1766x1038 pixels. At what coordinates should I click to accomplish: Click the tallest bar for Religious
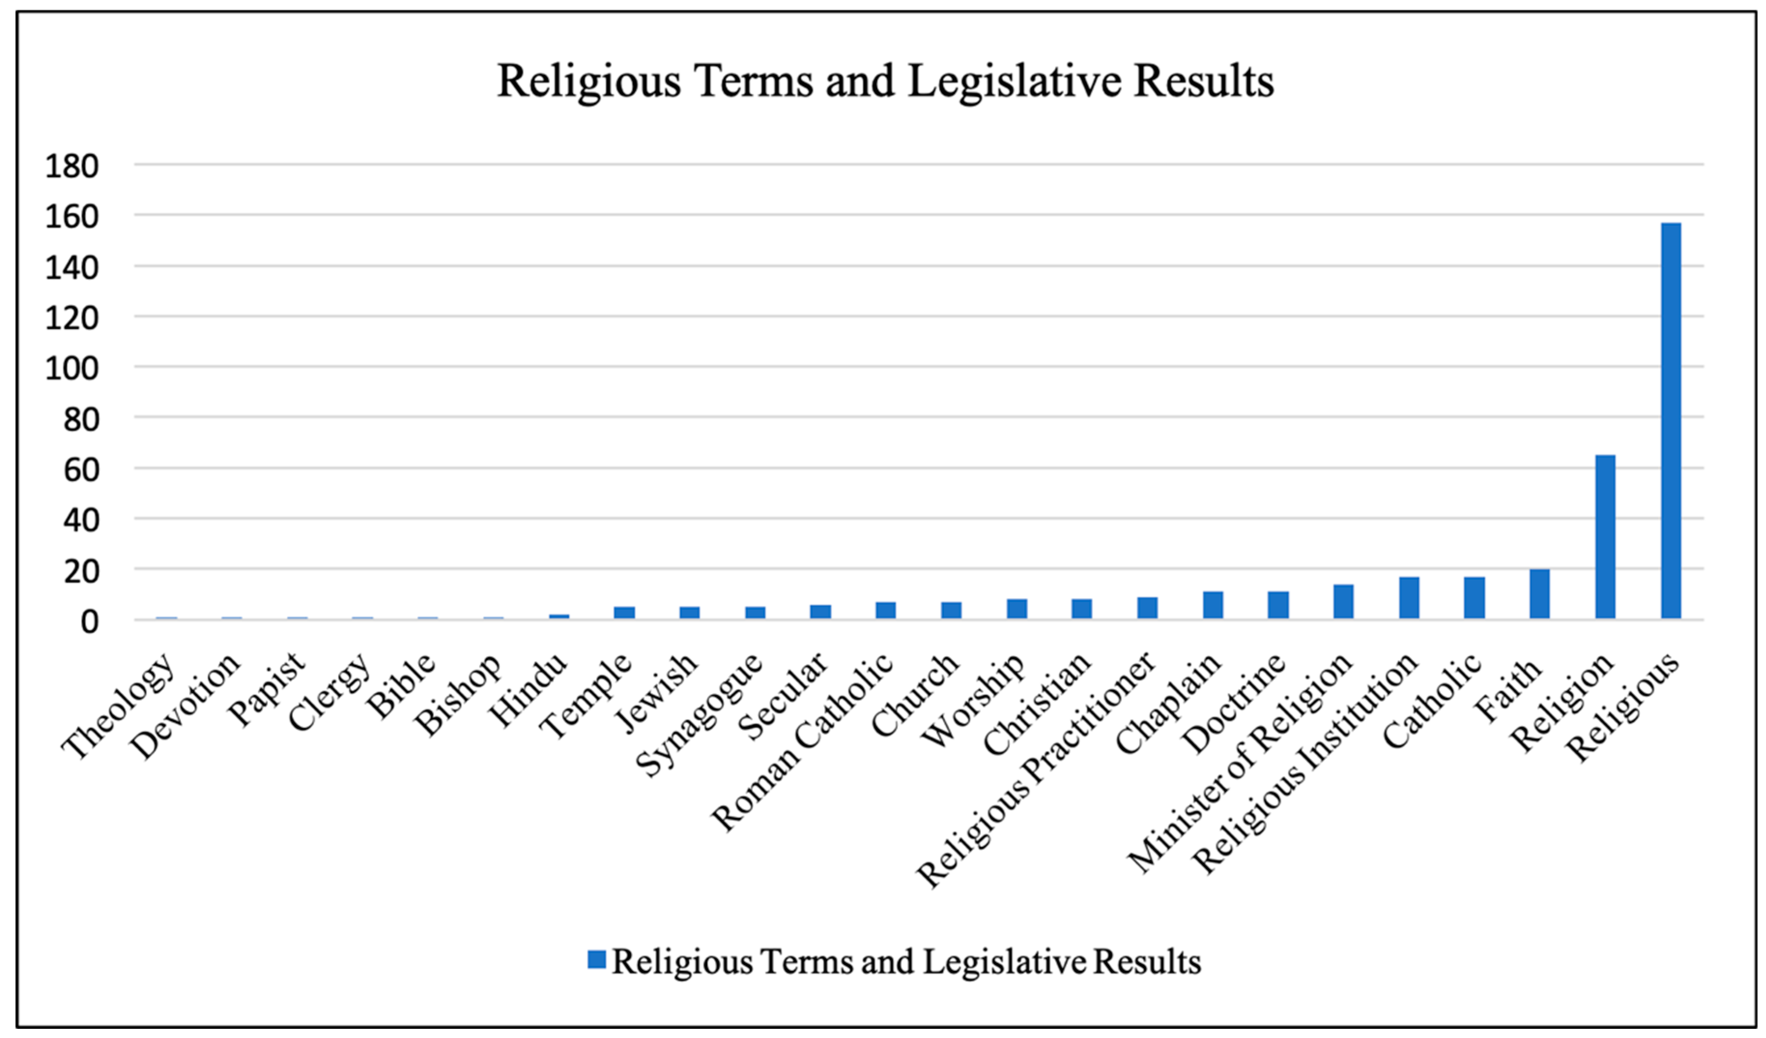point(1671,420)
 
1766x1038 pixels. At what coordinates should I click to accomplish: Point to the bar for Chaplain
point(1213,605)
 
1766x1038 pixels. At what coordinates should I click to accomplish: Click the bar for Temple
point(625,613)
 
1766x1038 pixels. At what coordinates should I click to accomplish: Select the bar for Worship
point(1017,609)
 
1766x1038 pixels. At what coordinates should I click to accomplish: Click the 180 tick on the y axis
point(71,167)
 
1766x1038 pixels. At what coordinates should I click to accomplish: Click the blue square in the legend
point(597,960)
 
